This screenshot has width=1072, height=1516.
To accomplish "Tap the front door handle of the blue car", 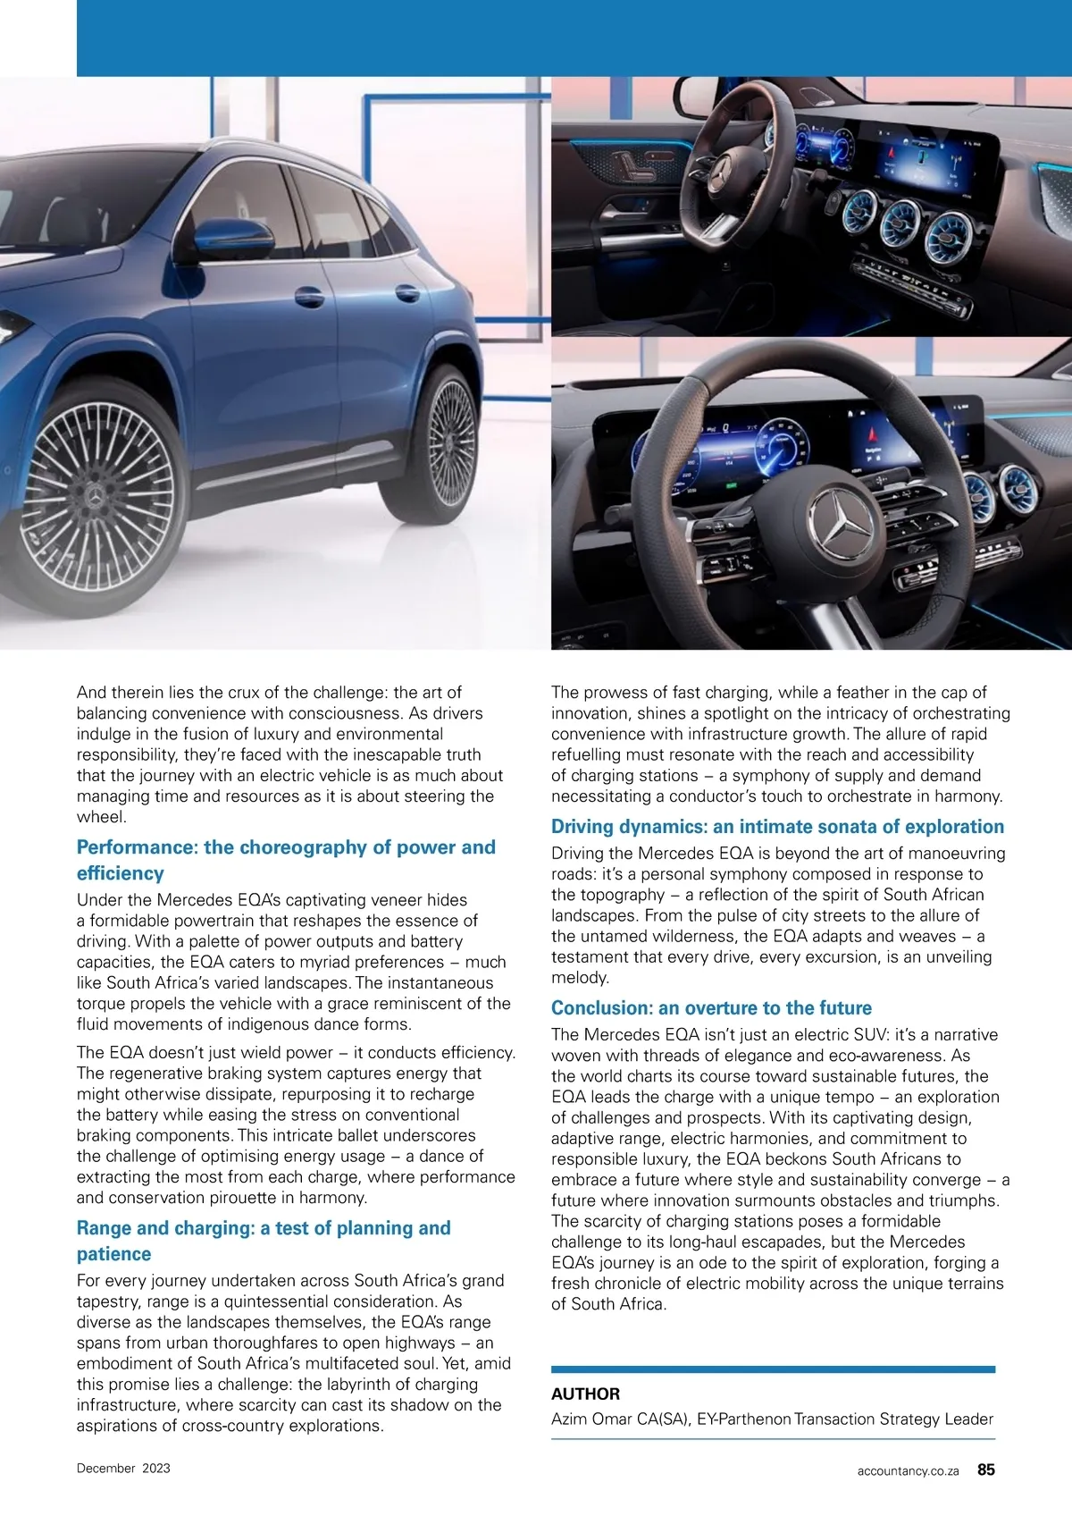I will point(309,297).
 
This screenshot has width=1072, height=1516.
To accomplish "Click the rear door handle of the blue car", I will point(407,293).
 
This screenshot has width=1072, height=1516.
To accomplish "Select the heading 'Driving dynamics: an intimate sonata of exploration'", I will point(777,827).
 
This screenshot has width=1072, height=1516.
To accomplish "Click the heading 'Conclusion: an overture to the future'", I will point(711,1008).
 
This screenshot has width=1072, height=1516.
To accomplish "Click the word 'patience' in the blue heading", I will point(113,1254).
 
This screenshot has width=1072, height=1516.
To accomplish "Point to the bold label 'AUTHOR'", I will point(585,1394).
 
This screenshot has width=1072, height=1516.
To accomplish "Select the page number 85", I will point(985,1470).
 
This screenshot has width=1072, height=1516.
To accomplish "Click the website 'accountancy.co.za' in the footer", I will point(908,1470).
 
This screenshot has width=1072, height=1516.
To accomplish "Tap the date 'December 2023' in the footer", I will point(123,1468).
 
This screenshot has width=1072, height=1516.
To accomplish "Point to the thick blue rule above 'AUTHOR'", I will point(773,1369).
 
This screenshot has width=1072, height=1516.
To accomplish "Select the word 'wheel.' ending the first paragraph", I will point(102,817).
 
